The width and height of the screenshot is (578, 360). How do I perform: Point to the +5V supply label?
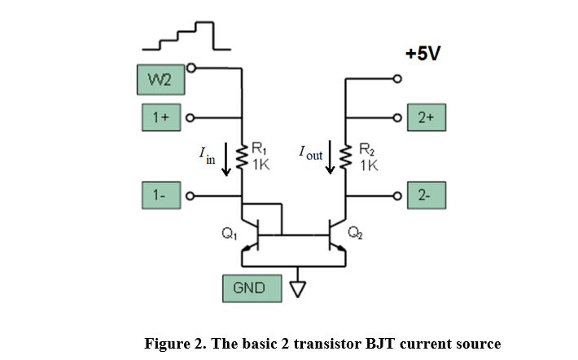(x=423, y=54)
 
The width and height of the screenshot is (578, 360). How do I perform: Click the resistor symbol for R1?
(x=242, y=155)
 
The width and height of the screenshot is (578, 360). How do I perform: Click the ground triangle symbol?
(x=296, y=288)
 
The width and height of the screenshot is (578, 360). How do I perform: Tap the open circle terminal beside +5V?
(x=397, y=79)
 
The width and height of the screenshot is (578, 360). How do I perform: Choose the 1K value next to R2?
(x=368, y=165)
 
